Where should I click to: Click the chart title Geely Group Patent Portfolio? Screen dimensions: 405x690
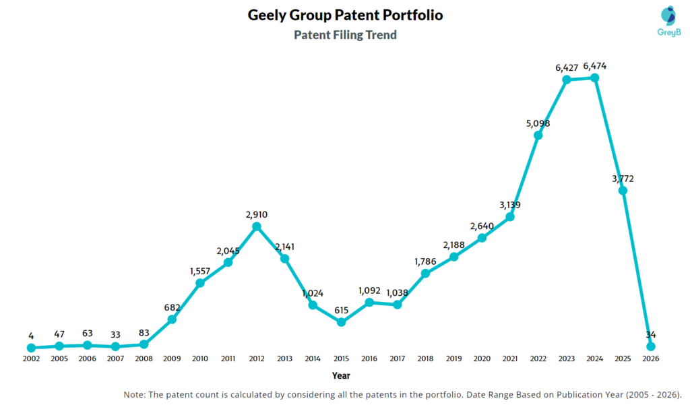(x=345, y=15)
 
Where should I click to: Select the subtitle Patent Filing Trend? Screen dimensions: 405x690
(x=345, y=34)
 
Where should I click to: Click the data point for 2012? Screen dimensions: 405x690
(x=257, y=226)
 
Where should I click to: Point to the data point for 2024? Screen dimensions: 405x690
(x=595, y=77)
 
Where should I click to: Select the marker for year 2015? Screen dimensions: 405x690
(x=341, y=322)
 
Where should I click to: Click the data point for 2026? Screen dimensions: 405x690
(x=651, y=346)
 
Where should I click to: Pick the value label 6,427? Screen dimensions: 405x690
(x=567, y=67)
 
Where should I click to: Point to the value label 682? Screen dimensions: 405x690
(x=172, y=307)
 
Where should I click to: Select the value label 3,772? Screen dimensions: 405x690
(x=622, y=179)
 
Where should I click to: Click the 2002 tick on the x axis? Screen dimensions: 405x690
(x=31, y=359)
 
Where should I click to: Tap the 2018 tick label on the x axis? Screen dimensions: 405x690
(x=425, y=359)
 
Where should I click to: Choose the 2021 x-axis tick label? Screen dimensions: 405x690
(x=510, y=359)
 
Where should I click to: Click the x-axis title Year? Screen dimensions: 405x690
(x=341, y=375)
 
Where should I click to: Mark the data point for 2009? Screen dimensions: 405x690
(x=172, y=319)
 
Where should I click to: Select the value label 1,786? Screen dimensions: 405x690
(x=425, y=261)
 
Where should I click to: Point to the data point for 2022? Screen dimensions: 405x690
(x=538, y=135)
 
